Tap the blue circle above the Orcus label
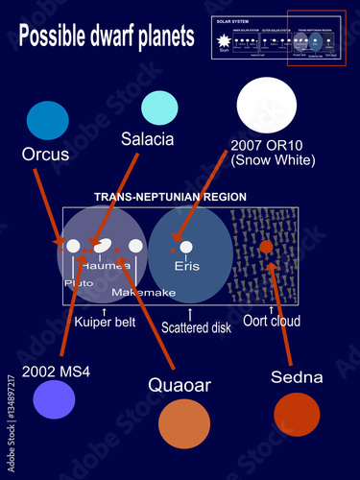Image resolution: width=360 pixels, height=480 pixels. (x=48, y=121)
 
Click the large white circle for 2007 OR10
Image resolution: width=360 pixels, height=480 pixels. (x=266, y=106)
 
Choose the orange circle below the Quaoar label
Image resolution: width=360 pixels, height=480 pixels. (x=183, y=423)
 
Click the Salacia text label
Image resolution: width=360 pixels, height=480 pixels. (x=147, y=139)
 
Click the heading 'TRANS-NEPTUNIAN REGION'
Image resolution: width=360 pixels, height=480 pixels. (x=169, y=197)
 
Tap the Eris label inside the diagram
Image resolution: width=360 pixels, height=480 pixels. (x=186, y=266)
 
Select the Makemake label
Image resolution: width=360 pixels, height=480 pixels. (x=140, y=291)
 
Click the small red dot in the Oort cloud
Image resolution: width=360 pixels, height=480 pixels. (x=266, y=248)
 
